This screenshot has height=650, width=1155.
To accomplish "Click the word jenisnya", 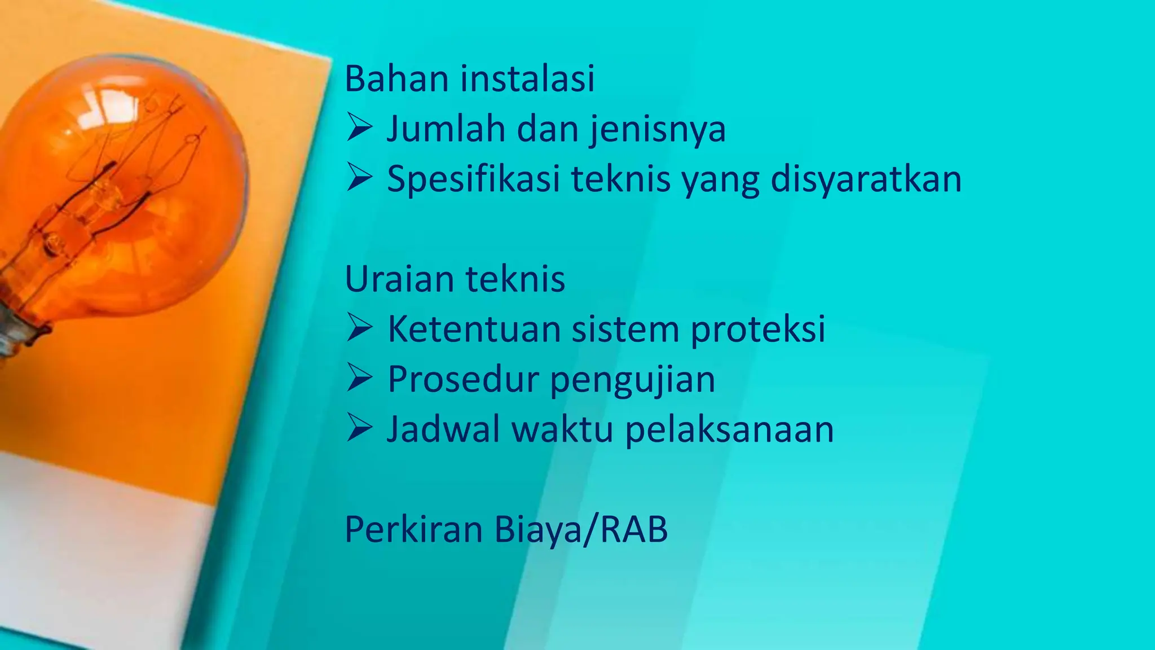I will pos(658,129).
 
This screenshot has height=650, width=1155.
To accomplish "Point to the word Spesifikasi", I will pos(473,179).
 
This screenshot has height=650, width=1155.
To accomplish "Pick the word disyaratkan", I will pos(866,179).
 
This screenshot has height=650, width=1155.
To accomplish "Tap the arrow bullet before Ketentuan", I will pos(359,328).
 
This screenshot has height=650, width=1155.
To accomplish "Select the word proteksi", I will pos(758,330).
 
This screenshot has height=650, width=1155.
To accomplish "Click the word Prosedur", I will pos(462,379).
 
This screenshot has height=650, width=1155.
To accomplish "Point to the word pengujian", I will pos(632,380).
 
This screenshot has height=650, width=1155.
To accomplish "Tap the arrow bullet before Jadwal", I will pos(359,428).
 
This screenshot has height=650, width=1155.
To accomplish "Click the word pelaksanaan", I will pos(729,430).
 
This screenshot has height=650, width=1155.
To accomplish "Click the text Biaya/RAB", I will pos(581,530).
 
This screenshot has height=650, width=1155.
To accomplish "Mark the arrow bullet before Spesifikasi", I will pos(359,177).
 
